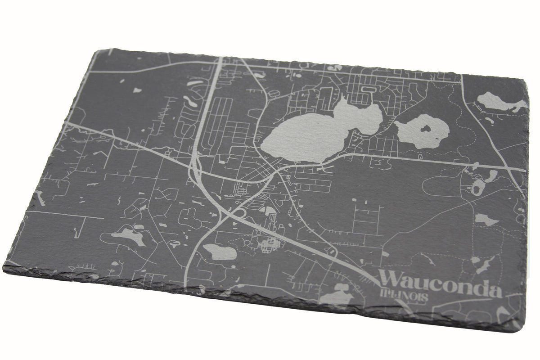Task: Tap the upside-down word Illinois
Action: coord(404,297)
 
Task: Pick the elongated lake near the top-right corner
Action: coord(499,102)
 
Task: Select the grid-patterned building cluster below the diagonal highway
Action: coord(269,245)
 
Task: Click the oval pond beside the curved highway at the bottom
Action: coord(219,252)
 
